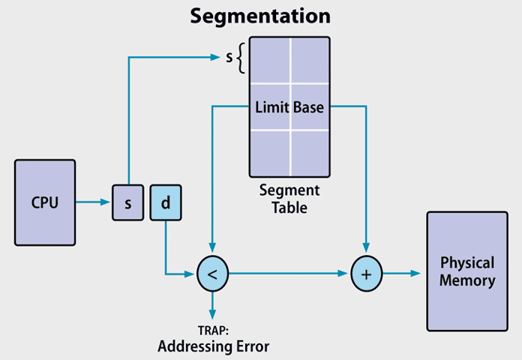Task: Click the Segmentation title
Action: [260, 16]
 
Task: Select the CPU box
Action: [45, 202]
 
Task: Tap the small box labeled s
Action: [127, 202]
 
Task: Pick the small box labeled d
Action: [166, 202]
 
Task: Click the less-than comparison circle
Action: [212, 274]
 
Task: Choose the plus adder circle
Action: [366, 274]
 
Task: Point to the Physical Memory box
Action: [466, 271]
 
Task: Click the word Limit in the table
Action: [271, 107]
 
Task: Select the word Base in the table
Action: [309, 107]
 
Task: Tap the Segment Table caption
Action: [289, 199]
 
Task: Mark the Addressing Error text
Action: [213, 346]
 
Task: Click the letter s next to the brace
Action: [229, 57]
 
